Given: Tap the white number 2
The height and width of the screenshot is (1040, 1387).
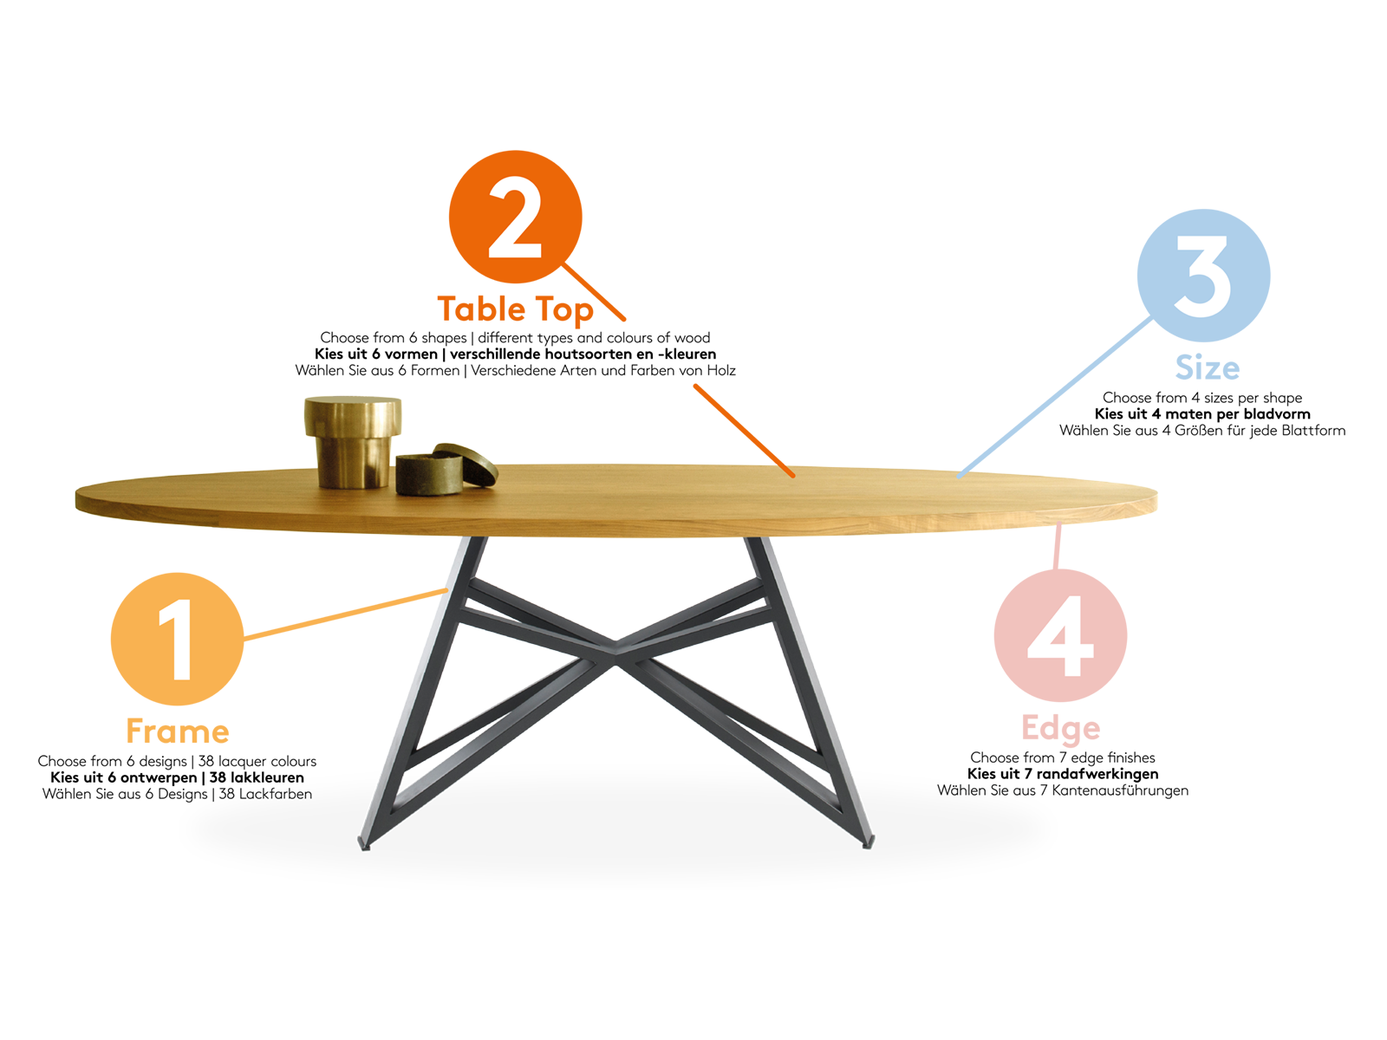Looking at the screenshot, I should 515,218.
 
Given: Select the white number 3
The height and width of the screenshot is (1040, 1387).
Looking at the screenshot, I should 1202,276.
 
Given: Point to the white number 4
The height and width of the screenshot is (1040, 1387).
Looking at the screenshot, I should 1059,636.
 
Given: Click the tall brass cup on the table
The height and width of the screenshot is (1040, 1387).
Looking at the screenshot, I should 353,441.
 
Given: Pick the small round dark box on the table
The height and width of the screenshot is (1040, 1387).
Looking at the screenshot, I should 428,476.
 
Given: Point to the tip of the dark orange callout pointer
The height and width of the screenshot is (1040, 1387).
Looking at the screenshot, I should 791,476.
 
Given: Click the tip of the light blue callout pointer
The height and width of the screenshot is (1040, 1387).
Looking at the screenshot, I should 959,477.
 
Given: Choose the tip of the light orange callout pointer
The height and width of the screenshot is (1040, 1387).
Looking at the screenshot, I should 446,588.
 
